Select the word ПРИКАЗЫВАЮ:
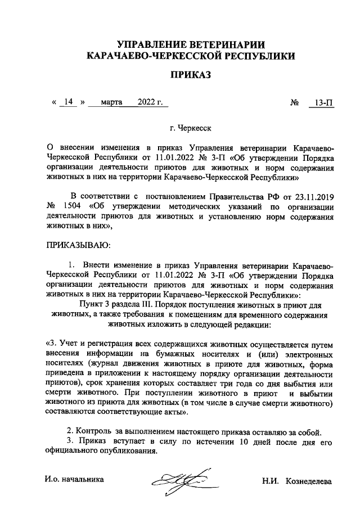pos(78,245)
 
